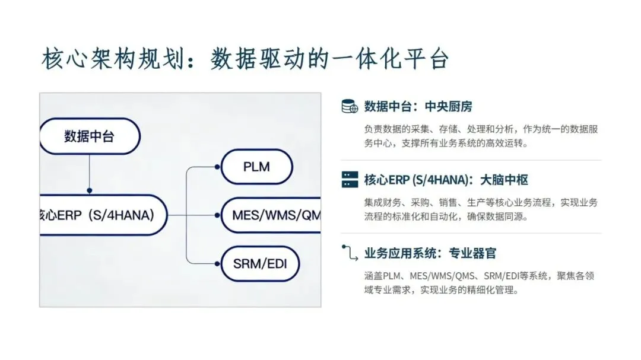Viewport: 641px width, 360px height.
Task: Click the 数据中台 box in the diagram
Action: [x=89, y=136]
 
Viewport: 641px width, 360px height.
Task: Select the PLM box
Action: [x=256, y=167]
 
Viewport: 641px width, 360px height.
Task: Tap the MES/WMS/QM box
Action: [x=271, y=214]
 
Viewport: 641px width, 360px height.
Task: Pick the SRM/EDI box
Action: [x=259, y=262]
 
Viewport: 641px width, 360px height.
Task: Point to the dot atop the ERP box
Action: [x=89, y=191]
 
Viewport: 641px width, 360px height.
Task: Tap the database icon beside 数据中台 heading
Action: [x=350, y=107]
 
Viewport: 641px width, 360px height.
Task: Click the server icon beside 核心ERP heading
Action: [x=350, y=180]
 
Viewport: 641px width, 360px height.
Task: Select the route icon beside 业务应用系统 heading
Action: [x=350, y=253]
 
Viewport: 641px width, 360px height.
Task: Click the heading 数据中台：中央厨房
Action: [x=418, y=107]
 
